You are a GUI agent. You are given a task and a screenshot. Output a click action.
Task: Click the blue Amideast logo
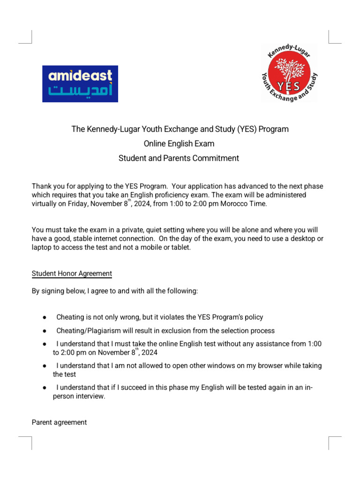pyautogui.click(x=80, y=83)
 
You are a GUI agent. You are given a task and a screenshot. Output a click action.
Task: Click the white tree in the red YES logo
pyautogui.click(x=289, y=71)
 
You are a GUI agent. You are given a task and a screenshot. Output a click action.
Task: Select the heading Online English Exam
pyautogui.click(x=180, y=143)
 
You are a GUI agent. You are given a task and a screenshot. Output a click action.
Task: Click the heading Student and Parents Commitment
pyautogui.click(x=180, y=158)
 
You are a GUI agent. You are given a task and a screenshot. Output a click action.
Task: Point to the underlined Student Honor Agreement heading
pyautogui.click(x=72, y=273)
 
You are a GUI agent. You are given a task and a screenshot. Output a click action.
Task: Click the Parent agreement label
pyautogui.click(x=59, y=422)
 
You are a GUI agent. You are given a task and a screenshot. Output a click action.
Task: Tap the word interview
pyautogui.click(x=91, y=396)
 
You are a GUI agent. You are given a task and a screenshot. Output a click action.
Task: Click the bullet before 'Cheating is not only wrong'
pyautogui.click(x=44, y=317)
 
